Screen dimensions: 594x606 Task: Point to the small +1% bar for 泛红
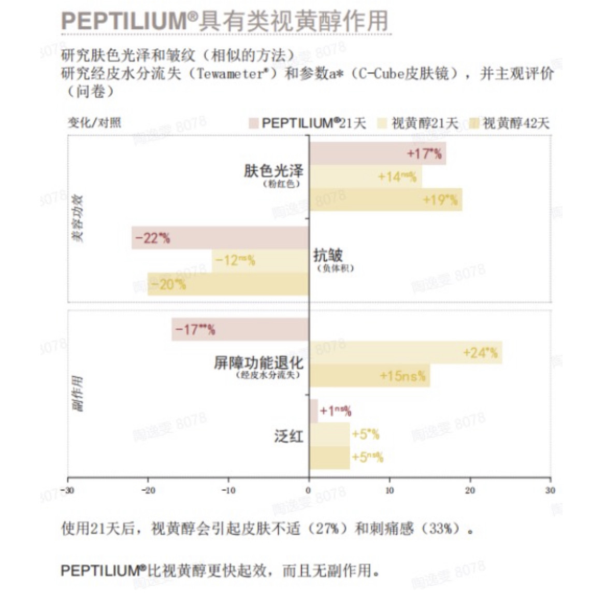click(x=313, y=411)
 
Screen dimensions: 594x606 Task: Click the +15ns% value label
click(x=402, y=376)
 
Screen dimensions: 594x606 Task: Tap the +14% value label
click(x=397, y=177)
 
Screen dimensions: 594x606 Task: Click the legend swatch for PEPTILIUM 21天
click(x=253, y=123)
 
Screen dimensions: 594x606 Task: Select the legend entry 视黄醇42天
click(x=515, y=123)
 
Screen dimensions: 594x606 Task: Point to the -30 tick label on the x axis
click(x=67, y=490)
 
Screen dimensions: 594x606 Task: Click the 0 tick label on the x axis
click(x=309, y=490)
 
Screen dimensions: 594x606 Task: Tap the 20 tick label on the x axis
click(x=470, y=490)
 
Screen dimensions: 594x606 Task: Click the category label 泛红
click(x=288, y=436)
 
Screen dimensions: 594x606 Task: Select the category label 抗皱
click(x=327, y=255)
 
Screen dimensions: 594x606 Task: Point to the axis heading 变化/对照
click(x=95, y=122)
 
